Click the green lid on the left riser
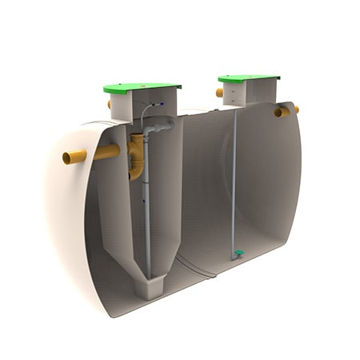point(142,86)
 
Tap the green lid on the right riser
point(248,78)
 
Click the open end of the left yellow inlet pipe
point(69,158)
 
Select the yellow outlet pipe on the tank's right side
point(285,111)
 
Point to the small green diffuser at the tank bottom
point(238,254)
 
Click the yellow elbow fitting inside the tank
point(137,156)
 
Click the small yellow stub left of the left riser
point(109,104)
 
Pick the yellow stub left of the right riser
point(219,93)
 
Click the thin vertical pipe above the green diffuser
point(235,184)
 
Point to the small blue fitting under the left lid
point(162,104)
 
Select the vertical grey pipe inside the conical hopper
point(147,208)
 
